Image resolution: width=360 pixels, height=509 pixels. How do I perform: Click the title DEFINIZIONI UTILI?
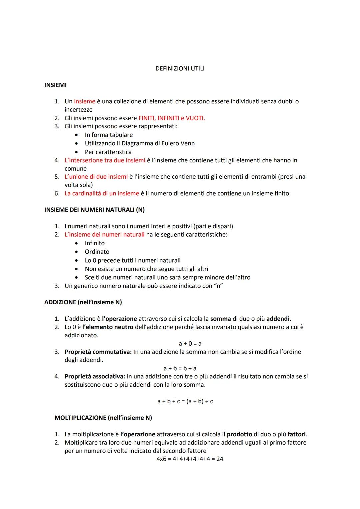(x=180, y=69)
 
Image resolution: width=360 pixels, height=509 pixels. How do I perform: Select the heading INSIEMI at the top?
(x=55, y=85)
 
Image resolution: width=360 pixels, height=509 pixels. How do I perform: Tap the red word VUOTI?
(x=195, y=118)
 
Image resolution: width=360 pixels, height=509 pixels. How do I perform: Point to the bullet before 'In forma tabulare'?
(x=77, y=135)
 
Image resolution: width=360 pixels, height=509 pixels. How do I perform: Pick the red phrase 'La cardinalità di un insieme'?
(x=102, y=193)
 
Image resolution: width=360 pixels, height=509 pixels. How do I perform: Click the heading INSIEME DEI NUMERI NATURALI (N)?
(x=94, y=210)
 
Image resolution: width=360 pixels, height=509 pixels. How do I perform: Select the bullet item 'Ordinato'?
(x=97, y=252)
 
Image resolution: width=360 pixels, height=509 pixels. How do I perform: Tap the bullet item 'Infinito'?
(x=95, y=243)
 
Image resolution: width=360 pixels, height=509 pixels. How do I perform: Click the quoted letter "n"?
(x=218, y=286)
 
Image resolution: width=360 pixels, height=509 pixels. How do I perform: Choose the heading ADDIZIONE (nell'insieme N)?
(x=83, y=302)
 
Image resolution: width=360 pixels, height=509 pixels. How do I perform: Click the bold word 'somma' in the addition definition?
(x=220, y=319)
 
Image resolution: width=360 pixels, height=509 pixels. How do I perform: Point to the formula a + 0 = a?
(x=190, y=343)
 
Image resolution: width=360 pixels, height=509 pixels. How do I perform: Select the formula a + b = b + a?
(x=180, y=368)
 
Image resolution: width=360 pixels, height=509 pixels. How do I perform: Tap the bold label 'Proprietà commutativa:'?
(x=98, y=352)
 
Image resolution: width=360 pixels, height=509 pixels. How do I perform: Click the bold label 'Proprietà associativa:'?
(x=95, y=376)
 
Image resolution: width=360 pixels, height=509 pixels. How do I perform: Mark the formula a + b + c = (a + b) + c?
(x=185, y=401)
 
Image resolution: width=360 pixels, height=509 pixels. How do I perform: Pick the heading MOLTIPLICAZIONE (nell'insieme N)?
(x=103, y=418)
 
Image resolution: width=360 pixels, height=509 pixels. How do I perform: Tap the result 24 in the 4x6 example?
(x=220, y=459)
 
